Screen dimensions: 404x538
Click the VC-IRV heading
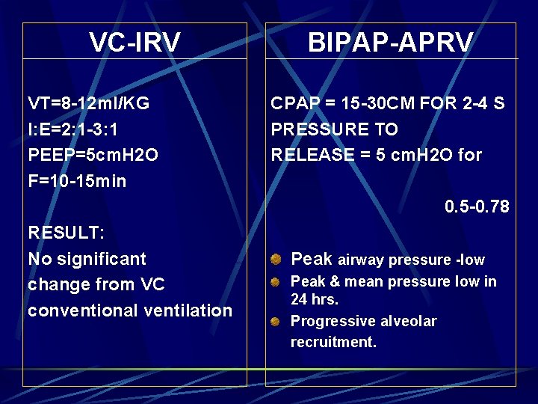[134, 42]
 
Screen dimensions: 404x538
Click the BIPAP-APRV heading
[391, 42]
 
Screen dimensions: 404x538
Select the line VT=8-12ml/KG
[88, 103]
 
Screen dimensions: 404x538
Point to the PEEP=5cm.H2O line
[93, 156]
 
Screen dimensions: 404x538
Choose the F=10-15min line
[77, 181]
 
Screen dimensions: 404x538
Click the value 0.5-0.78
[477, 206]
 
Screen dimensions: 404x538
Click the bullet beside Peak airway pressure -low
[276, 260]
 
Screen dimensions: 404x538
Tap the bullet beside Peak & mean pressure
[276, 282]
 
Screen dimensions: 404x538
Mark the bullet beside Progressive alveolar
[276, 321]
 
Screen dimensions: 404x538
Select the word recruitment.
[333, 343]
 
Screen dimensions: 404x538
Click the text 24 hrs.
[314, 300]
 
